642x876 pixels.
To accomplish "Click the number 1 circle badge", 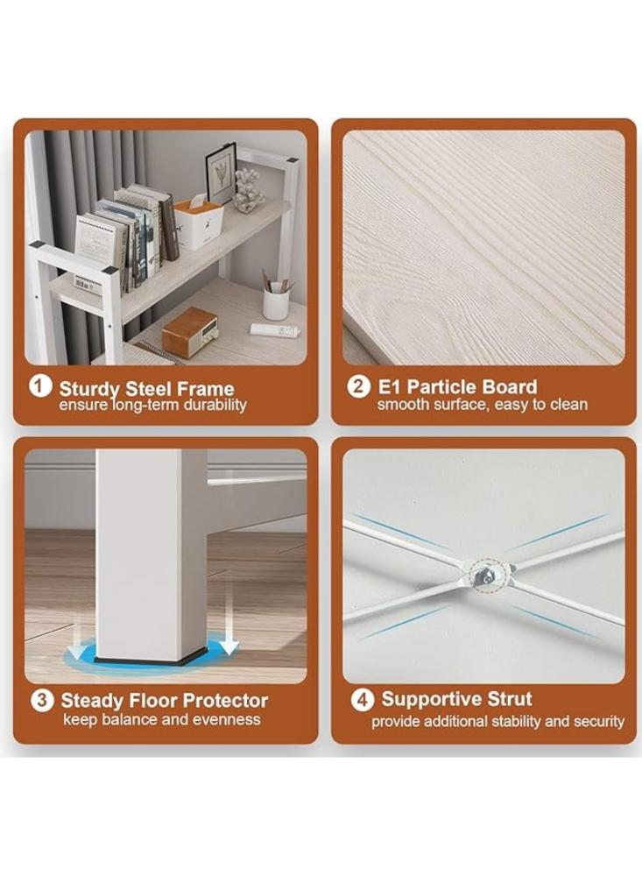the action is (x=39, y=386).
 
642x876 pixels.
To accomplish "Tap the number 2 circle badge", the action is (x=358, y=386).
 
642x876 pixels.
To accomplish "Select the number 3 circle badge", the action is (x=42, y=700).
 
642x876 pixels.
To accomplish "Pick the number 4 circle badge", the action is (x=362, y=699).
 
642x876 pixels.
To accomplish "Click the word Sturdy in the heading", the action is (x=89, y=389).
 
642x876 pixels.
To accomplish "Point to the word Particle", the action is (x=441, y=386).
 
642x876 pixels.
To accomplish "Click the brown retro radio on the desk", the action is (x=191, y=331).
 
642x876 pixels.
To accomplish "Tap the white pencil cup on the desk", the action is (x=276, y=303).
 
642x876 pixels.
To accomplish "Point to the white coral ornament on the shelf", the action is (x=246, y=190).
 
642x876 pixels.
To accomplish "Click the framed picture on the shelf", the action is (x=220, y=173).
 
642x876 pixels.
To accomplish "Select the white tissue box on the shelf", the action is (x=198, y=223).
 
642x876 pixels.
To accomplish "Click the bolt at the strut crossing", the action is (x=483, y=576).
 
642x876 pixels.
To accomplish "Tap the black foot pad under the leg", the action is (x=148, y=660).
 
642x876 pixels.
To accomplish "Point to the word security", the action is (x=597, y=721).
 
